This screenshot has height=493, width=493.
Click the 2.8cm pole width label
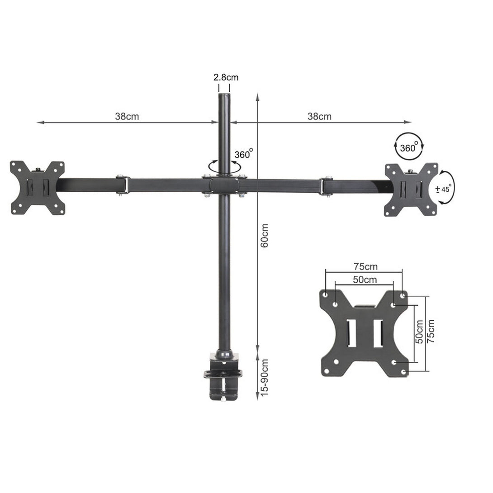coord(226,77)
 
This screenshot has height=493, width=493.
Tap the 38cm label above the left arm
coord(127,116)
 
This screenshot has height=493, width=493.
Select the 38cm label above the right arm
coord(319,116)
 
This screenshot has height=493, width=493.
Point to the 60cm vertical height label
coord(265,236)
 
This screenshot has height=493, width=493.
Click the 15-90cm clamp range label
coord(265,377)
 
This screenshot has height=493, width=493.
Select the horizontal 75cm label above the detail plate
coord(365,266)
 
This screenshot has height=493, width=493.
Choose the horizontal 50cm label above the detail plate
coord(365,280)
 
